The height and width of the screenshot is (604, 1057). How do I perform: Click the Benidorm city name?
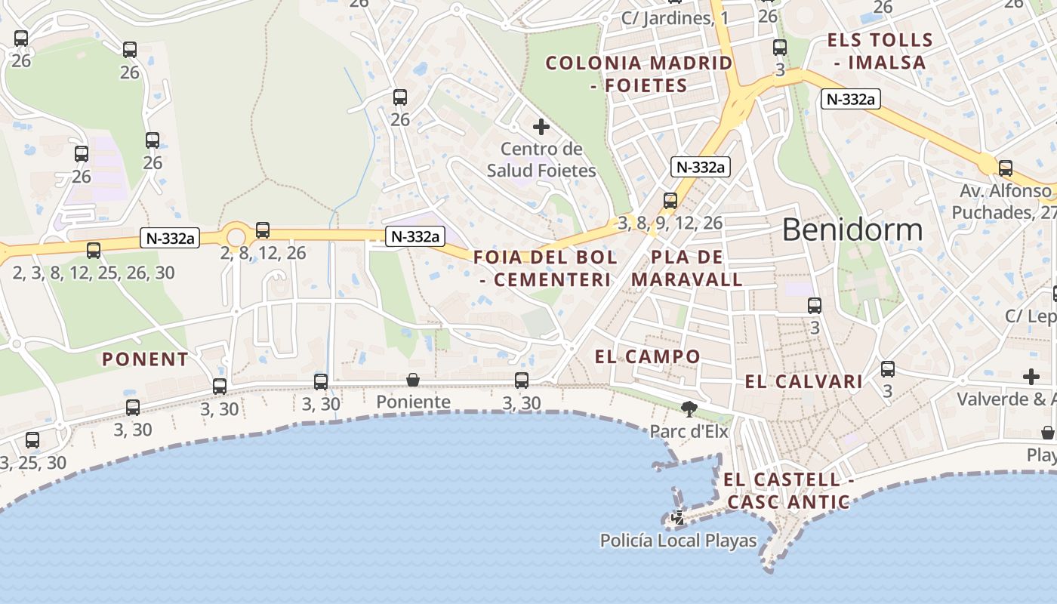(x=852, y=229)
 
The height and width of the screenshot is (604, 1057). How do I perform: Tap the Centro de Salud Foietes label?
(x=541, y=160)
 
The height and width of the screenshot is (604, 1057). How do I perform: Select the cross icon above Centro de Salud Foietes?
(x=541, y=127)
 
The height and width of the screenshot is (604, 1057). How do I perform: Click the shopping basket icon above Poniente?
(x=413, y=379)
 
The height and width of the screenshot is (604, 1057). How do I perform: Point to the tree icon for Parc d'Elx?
(x=689, y=409)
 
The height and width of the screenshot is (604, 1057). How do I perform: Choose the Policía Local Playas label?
(x=678, y=541)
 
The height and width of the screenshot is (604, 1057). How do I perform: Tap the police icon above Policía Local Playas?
(x=678, y=518)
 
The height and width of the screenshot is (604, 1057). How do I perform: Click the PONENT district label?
(x=145, y=359)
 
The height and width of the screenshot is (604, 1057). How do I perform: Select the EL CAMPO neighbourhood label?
(x=648, y=356)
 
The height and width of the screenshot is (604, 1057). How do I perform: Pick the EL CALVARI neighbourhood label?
(x=803, y=382)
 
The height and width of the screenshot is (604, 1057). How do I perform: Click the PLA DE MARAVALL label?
(x=687, y=268)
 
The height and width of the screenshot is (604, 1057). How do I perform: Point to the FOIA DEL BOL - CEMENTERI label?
(x=545, y=268)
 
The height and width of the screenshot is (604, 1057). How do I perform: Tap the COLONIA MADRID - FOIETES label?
(x=639, y=74)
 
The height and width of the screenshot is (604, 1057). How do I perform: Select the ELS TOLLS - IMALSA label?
(x=880, y=51)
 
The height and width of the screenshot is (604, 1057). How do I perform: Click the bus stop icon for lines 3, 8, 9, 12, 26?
(x=670, y=201)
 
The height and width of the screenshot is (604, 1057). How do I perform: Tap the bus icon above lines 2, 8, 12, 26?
(x=263, y=230)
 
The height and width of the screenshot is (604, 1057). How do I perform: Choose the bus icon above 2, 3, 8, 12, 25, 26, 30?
(x=94, y=250)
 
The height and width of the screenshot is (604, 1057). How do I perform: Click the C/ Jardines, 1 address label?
(x=674, y=18)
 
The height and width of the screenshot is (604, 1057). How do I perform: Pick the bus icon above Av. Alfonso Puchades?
(x=1006, y=168)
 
